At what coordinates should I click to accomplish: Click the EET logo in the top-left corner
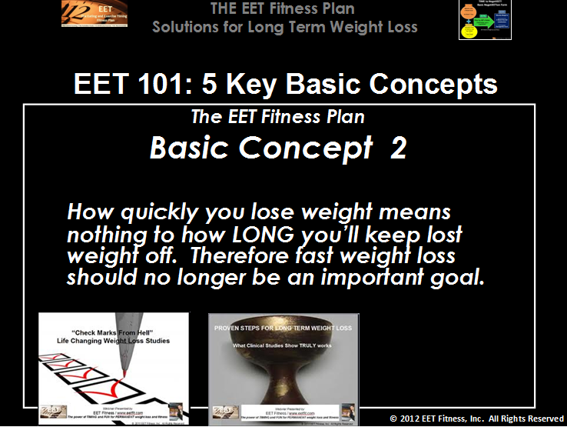click(x=94, y=14)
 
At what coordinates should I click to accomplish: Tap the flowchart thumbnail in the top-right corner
click(x=485, y=19)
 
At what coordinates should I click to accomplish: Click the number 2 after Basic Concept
click(x=398, y=148)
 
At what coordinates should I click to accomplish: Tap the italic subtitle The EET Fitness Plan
click(x=277, y=118)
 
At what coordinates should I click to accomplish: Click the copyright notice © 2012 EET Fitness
click(x=476, y=419)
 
